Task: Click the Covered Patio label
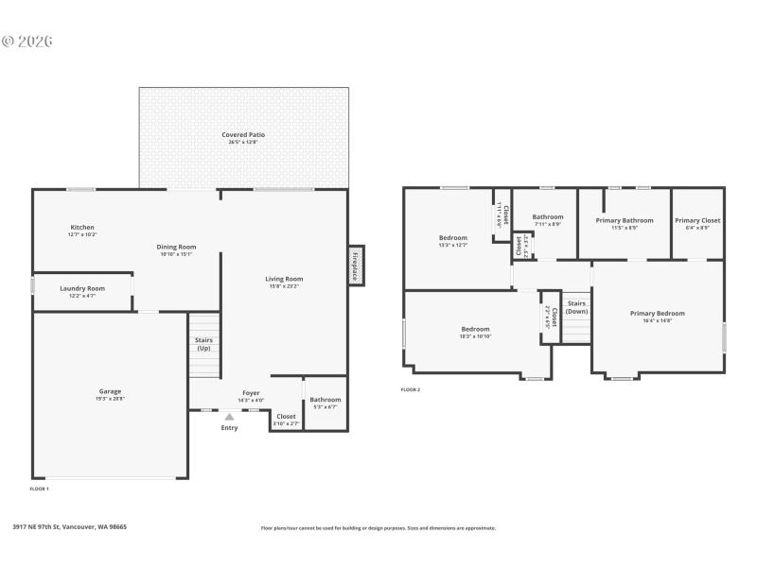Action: (243, 135)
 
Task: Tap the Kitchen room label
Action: (82, 227)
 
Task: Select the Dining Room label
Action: (176, 247)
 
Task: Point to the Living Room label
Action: (284, 279)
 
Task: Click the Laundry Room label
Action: (82, 288)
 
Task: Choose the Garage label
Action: (110, 391)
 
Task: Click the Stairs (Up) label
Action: (203, 343)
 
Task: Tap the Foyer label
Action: (251, 393)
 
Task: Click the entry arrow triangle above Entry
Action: (229, 416)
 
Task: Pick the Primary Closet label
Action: (697, 220)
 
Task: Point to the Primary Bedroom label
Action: (657, 314)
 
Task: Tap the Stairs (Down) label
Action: (576, 307)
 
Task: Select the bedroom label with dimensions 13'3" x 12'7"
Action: (453, 237)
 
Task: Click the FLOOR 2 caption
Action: (410, 389)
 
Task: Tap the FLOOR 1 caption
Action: (40, 489)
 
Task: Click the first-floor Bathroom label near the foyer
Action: (326, 400)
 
